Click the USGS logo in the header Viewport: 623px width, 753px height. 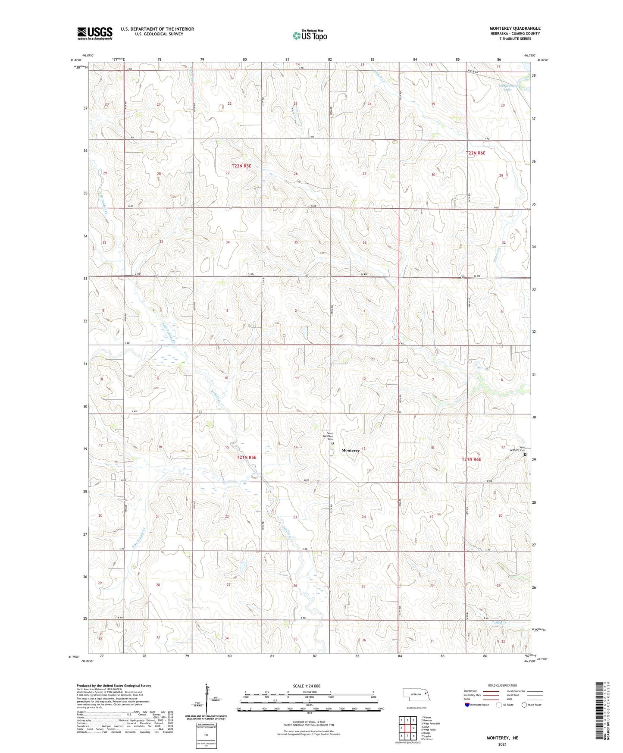coord(95,33)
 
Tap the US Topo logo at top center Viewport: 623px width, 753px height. coord(309,35)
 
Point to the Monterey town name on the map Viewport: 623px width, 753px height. coord(350,450)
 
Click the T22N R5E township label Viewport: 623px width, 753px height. coord(241,166)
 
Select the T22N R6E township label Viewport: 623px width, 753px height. coord(476,153)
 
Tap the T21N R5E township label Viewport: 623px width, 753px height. coord(247,457)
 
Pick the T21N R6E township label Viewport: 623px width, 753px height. coord(471,460)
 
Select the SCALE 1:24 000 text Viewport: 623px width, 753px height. coord(307,686)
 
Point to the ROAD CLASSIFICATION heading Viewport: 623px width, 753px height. coord(502,685)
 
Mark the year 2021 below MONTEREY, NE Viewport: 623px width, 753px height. coord(502,744)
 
